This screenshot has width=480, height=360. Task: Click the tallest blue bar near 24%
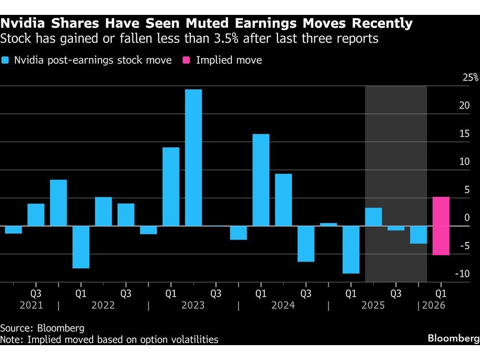pyautogui.click(x=193, y=157)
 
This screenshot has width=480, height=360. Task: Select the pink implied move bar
pyautogui.click(x=441, y=226)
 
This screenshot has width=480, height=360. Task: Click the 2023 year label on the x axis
pyautogui.click(x=193, y=305)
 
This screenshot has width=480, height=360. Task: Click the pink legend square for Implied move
pyautogui.click(x=187, y=60)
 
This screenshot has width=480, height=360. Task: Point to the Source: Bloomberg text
pyautogui.click(x=42, y=328)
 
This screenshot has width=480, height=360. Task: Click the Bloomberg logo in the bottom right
pyautogui.click(x=454, y=338)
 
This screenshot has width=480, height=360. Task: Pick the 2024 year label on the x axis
pyautogui.click(x=283, y=305)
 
